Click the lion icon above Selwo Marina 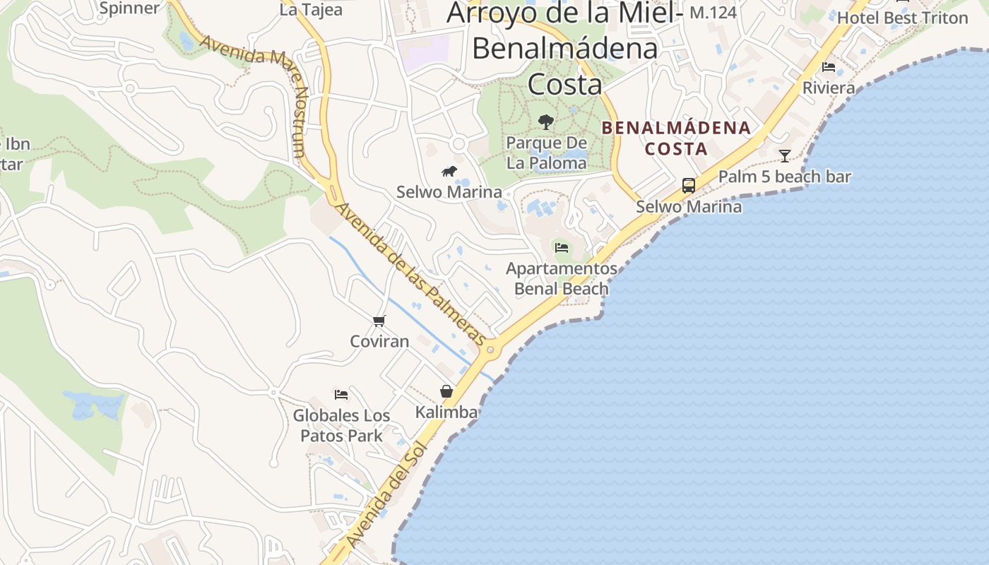[449, 171]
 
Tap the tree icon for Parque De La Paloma [545, 122]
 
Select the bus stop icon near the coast [688, 186]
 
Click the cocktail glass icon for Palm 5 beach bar [784, 156]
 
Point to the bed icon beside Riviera [829, 67]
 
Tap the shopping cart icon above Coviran [379, 321]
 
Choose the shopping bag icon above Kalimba [446, 391]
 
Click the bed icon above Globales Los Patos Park [341, 395]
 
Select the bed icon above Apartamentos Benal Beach [562, 248]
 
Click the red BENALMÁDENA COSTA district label [676, 138]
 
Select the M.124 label [713, 12]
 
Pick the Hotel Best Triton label [902, 18]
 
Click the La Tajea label [311, 10]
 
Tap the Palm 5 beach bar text [784, 177]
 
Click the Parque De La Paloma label [546, 153]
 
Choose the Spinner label [130, 8]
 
